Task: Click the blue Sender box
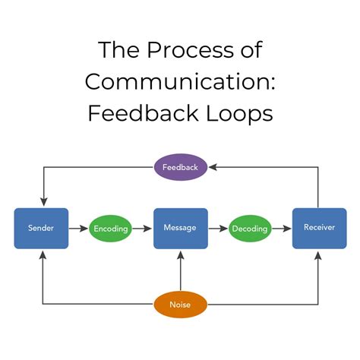coord(41,228)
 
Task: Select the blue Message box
coord(180,228)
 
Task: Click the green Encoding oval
coord(111,228)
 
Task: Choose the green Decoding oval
coord(250,228)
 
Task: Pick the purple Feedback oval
coord(180,166)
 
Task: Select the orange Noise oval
coord(180,305)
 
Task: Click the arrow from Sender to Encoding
coord(79,228)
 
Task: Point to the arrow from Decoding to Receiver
coord(283,228)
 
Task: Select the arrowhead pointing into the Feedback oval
coord(213,166)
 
